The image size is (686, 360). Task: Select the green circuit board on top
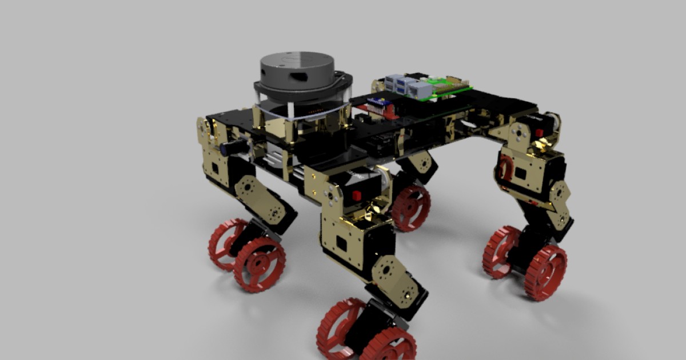pos(443,90)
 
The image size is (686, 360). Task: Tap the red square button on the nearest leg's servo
pos(357,195)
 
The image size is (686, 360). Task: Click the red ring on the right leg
pos(505,169)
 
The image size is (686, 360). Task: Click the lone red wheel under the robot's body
pos(411,207)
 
